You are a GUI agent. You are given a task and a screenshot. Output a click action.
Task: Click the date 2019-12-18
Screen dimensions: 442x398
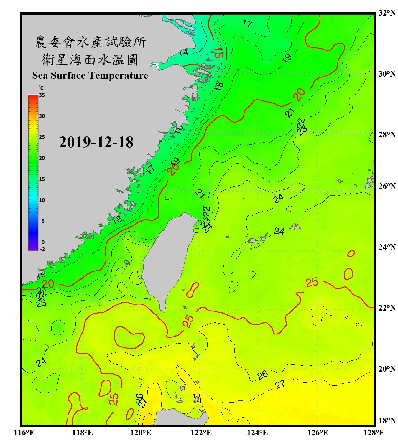[x=96, y=142]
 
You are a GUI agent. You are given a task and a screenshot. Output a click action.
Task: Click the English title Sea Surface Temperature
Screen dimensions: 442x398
[x=90, y=75]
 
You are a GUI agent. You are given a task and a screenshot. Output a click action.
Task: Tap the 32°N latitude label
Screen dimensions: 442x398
[x=387, y=13]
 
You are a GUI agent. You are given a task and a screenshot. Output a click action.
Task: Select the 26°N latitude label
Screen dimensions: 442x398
[x=387, y=186]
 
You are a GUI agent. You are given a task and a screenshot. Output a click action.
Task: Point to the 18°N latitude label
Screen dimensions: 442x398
[x=387, y=420]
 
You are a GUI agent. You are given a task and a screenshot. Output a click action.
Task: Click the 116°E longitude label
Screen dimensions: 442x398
[x=24, y=433]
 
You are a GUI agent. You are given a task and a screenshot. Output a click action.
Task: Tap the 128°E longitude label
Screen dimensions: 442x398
[x=374, y=433]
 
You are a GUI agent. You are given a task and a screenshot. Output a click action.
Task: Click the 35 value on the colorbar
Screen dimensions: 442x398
[x=42, y=95]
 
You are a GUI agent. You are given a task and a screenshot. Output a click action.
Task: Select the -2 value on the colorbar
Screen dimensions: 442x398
[x=42, y=249]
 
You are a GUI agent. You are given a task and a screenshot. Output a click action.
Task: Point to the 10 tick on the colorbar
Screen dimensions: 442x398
[x=42, y=200]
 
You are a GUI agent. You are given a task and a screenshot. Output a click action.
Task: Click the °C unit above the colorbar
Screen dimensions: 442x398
[x=41, y=88]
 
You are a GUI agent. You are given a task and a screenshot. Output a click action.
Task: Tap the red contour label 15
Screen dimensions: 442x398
[x=218, y=52]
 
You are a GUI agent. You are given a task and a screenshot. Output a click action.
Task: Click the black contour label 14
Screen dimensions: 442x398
[x=183, y=53]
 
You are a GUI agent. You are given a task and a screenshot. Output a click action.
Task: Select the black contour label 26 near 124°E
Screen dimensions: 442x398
[x=262, y=375]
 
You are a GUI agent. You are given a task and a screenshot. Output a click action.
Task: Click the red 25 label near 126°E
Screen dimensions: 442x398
[x=312, y=282]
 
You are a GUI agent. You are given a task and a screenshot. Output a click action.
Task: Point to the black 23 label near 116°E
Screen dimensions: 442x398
[x=41, y=303]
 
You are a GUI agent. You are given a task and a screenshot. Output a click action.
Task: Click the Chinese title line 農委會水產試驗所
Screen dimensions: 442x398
[x=90, y=42]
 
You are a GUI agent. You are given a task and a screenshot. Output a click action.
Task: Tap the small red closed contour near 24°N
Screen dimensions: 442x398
[x=351, y=253]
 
